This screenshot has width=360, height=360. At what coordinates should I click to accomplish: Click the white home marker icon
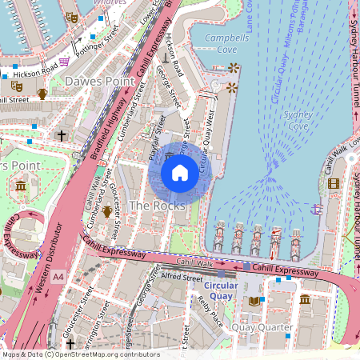point(180,172)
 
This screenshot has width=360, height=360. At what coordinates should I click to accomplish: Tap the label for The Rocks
point(158,206)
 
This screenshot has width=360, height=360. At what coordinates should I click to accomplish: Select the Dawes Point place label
point(95,81)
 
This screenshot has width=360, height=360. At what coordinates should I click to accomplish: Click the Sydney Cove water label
point(298,119)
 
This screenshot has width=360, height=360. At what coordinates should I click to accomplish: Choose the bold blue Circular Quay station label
point(230,290)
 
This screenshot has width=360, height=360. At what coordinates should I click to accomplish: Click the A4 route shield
point(58,277)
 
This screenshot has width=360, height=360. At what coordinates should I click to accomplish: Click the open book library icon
point(254,301)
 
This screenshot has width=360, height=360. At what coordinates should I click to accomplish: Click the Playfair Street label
point(156,138)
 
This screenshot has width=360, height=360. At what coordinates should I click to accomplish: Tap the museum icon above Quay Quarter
point(305,299)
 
